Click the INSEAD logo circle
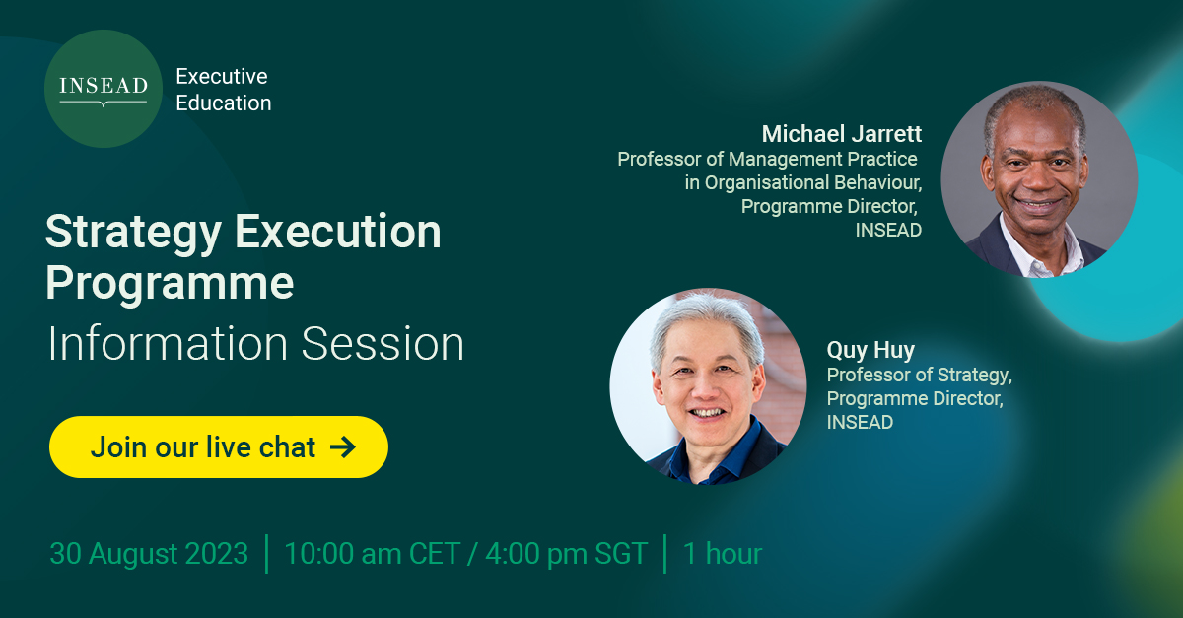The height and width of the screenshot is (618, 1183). (x=103, y=89)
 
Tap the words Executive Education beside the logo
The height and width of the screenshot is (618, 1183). (x=223, y=90)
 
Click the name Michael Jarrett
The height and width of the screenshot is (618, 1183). (x=841, y=133)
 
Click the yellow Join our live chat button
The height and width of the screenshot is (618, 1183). (x=219, y=446)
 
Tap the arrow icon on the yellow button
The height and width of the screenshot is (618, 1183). (x=342, y=446)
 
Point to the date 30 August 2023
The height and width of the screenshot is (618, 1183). (x=149, y=554)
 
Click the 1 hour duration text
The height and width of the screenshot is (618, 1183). (x=723, y=554)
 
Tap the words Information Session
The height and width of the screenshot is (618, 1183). (x=255, y=344)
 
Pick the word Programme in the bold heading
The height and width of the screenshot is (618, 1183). (x=170, y=283)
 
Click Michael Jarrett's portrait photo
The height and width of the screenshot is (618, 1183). (x=1039, y=179)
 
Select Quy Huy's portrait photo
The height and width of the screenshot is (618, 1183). (x=708, y=386)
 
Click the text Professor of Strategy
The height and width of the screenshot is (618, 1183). (x=919, y=376)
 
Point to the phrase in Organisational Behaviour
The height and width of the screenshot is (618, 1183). (x=803, y=182)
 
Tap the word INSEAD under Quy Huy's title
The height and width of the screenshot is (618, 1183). (x=860, y=423)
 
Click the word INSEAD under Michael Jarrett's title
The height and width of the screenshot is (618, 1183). (x=888, y=231)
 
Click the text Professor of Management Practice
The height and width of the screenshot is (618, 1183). (x=767, y=159)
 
